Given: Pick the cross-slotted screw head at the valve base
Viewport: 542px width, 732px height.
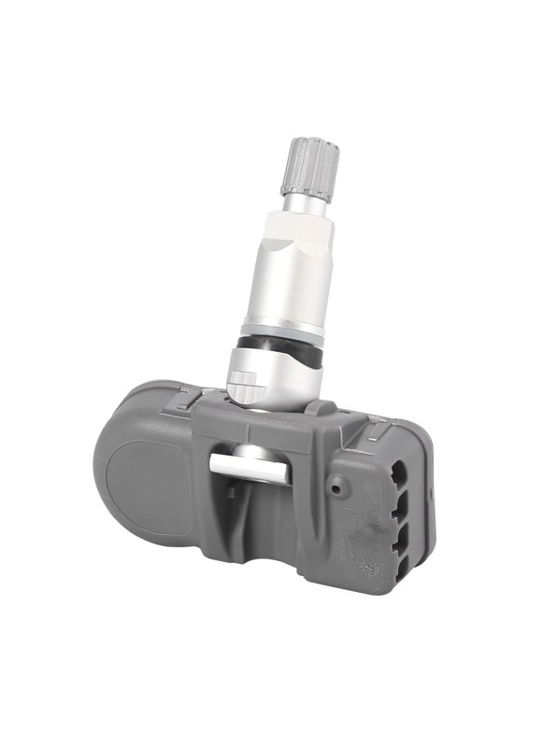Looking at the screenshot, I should pyautogui.click(x=243, y=381).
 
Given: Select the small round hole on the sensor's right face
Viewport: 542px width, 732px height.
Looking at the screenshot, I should pyautogui.click(x=335, y=486).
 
